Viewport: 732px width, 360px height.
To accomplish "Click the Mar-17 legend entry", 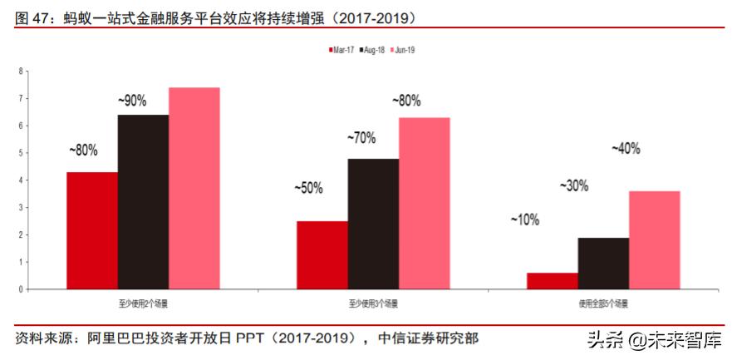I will (342, 50).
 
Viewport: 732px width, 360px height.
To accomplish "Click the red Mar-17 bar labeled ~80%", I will (92, 230).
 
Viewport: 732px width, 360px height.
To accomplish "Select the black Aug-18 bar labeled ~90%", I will (143, 202).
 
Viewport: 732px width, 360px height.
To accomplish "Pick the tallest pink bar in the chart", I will (194, 188).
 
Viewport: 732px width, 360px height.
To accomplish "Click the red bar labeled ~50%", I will (322, 255).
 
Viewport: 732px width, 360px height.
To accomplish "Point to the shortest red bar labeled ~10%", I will (553, 281).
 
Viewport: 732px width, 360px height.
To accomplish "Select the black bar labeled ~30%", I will (603, 264).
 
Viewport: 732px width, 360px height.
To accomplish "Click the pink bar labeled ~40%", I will (655, 240).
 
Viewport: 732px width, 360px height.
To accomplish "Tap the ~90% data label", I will (132, 101).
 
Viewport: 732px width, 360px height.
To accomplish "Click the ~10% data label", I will (525, 219).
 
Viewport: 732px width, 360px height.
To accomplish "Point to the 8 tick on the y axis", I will (20, 72).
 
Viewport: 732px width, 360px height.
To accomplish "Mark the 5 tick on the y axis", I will (20, 153).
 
